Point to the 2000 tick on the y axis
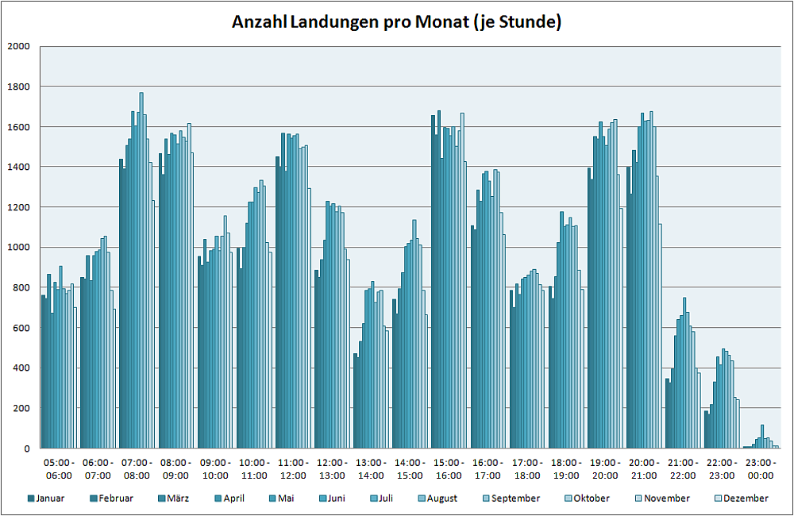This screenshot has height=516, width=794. click(x=17, y=46)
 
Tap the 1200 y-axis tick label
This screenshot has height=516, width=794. click(x=17, y=207)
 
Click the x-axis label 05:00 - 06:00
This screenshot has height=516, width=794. click(x=59, y=468)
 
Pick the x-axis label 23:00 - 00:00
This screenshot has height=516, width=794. click(x=761, y=468)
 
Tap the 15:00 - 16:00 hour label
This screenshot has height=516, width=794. click(x=449, y=468)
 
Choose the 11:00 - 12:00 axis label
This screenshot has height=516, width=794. click(x=293, y=468)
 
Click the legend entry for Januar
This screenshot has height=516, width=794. click(x=50, y=499)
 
